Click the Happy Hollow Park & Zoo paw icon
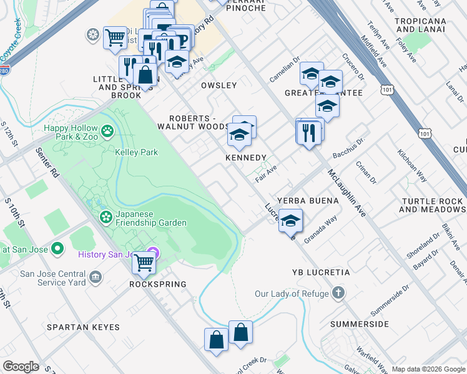108,131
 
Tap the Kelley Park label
136,152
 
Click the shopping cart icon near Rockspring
144,263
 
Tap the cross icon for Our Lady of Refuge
338,293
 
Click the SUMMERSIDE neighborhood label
359,324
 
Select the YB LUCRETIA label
320,273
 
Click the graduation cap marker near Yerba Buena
290,221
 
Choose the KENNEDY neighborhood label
246,158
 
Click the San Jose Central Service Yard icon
96,276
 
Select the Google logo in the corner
21,367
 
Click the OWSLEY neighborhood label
219,85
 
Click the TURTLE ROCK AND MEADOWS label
432,205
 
